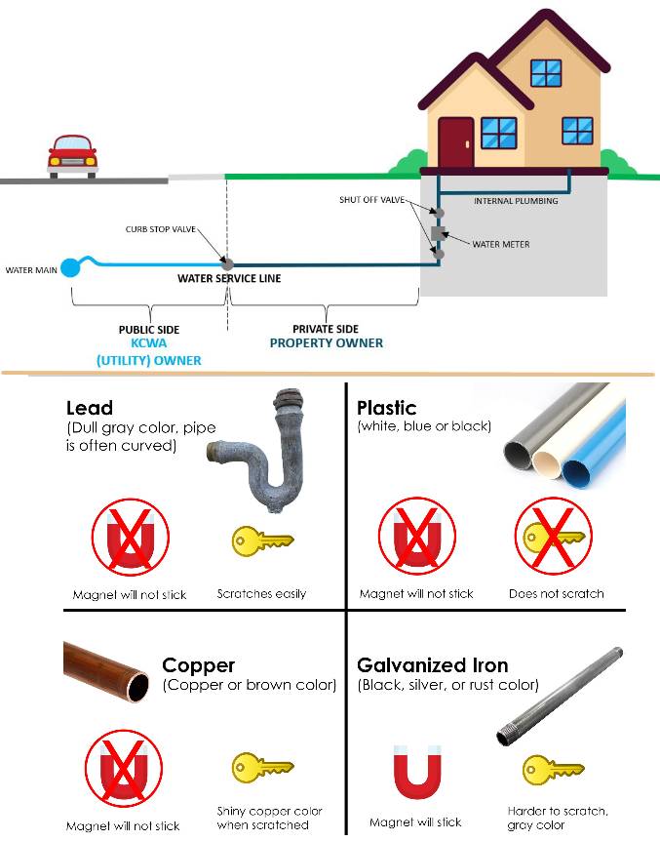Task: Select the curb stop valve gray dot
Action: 228,263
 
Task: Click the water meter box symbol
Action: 438,233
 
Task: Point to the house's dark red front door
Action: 454,143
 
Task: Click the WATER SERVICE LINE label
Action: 229,279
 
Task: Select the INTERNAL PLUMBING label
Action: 516,201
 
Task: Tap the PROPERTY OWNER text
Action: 327,343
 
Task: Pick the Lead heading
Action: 90,408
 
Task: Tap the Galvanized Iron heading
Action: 432,666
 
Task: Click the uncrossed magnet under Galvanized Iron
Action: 415,774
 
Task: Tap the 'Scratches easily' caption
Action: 261,593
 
